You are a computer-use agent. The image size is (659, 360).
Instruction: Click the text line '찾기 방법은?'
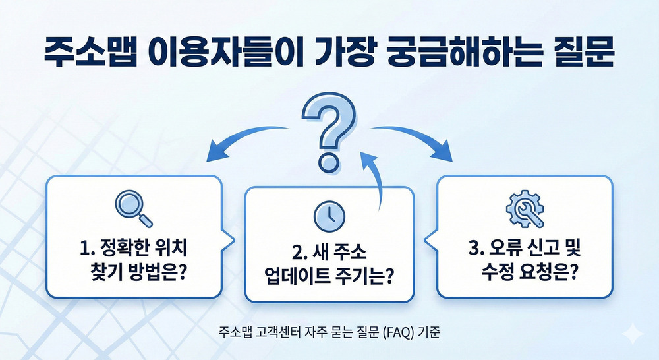(x=139, y=272)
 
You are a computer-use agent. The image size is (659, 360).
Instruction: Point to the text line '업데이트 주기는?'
(x=329, y=276)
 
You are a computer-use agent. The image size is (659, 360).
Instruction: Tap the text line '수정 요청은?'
(x=525, y=271)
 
